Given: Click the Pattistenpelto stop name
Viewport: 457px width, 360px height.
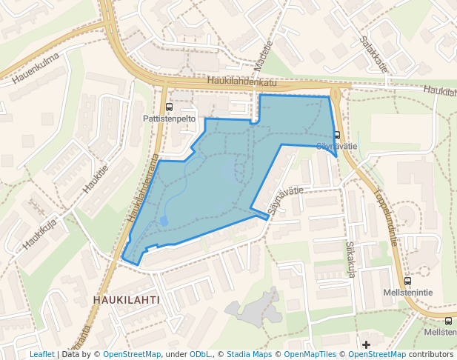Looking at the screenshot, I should click(169, 119).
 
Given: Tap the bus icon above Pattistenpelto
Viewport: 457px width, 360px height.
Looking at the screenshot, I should click(170, 107).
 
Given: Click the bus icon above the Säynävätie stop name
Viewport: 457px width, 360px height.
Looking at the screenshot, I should click(337, 135).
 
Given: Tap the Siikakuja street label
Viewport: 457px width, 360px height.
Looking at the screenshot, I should click(351, 259).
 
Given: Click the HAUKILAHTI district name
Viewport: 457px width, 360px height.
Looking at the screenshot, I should click(126, 299).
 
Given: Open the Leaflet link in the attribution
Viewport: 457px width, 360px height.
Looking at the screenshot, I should click(41, 355).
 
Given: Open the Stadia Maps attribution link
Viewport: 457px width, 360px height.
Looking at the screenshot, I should click(250, 355).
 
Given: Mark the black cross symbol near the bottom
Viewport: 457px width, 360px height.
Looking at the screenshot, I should click(366, 344).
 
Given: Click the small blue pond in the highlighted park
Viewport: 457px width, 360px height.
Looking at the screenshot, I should click(164, 221).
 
